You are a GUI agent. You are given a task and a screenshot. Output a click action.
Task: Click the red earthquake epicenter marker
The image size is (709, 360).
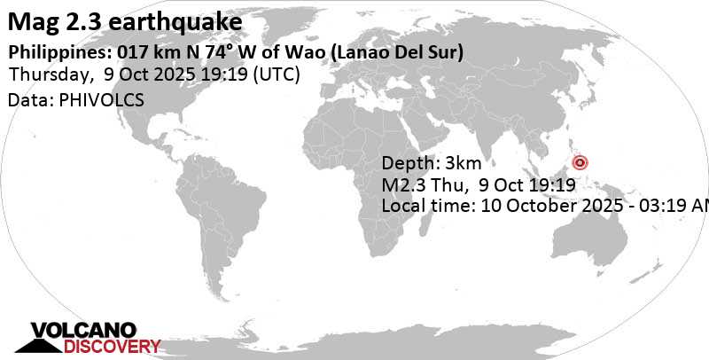pos(580,162)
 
